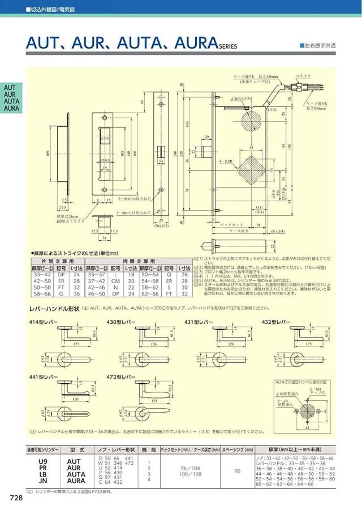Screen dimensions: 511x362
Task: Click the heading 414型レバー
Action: [44, 322]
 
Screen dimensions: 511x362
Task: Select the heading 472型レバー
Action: [122, 376]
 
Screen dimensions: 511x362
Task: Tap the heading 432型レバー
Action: [277, 322]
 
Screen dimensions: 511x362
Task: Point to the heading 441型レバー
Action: [44, 376]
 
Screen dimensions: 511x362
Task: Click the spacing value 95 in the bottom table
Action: [237, 470]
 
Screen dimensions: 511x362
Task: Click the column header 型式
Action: [77, 450]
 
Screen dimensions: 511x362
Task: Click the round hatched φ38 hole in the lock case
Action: [251, 120]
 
